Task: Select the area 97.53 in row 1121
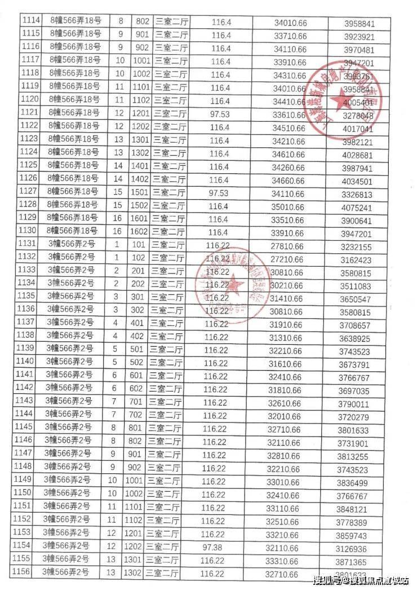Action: pyautogui.click(x=221, y=115)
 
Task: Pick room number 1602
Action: pyautogui.click(x=142, y=231)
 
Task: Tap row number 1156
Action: pyautogui.click(x=29, y=573)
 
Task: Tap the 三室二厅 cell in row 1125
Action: pyautogui.click(x=168, y=166)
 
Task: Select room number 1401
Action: pyautogui.click(x=142, y=166)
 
